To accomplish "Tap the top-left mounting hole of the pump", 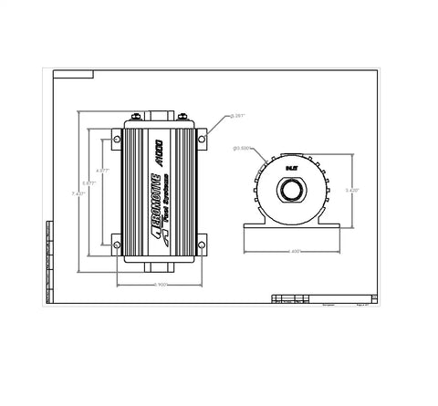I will point(116,138).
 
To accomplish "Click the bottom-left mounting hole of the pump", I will point(116,242).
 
